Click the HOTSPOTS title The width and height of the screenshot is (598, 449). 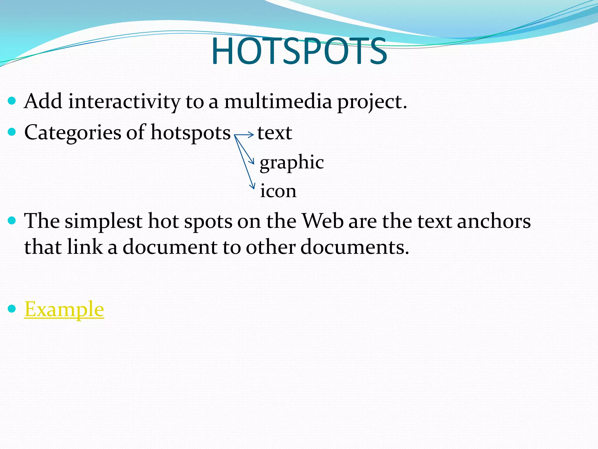(x=299, y=51)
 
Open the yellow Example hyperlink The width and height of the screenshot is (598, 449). (x=64, y=309)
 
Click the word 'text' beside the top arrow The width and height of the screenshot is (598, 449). (x=274, y=133)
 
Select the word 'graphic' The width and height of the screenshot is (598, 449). (x=292, y=162)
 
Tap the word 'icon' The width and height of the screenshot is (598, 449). (x=278, y=191)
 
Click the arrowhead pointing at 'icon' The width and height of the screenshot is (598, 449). (x=252, y=186)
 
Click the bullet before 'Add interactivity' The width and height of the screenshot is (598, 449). (x=12, y=101)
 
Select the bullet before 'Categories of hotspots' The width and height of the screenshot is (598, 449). (x=12, y=132)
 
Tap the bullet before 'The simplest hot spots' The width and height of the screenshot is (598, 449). (x=12, y=221)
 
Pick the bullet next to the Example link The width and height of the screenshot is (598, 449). (x=12, y=309)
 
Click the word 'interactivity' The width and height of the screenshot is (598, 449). (x=124, y=102)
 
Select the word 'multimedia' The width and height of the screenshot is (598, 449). (x=278, y=102)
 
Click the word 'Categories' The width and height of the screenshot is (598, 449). (x=72, y=132)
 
